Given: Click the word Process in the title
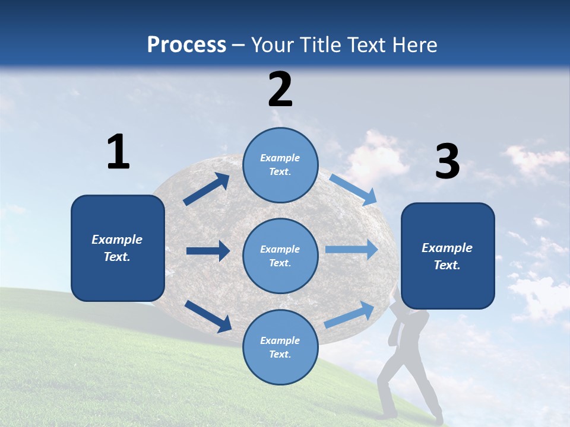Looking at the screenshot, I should tap(186, 45).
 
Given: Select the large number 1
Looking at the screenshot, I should tap(118, 152).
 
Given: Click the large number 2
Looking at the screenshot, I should tap(280, 90).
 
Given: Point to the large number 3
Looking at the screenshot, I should tap(447, 162).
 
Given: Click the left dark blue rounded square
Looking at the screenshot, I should tap(118, 248).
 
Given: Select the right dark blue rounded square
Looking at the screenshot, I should tap(448, 256).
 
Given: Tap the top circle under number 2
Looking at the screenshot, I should tap(280, 164).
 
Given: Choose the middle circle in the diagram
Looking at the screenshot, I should tap(280, 256).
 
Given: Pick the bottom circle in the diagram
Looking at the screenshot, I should tap(280, 347).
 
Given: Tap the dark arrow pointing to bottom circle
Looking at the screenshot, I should tap(208, 316).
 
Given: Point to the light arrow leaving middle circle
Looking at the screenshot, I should tap(351, 250).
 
